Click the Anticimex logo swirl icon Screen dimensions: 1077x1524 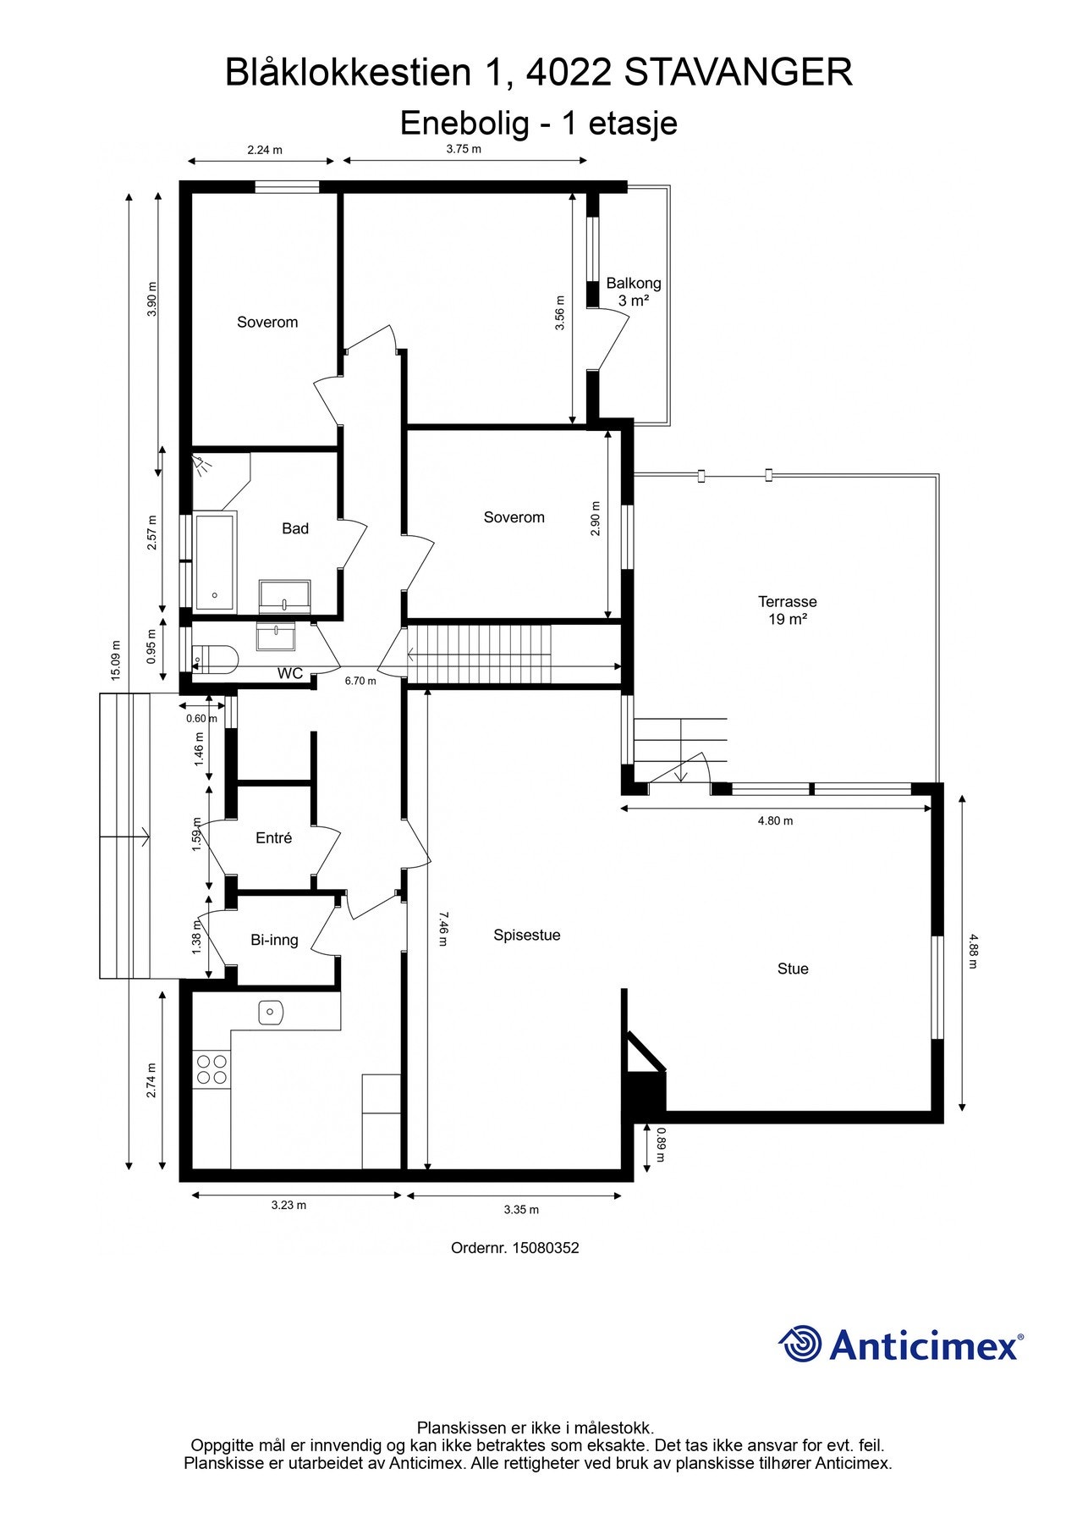coord(800,1344)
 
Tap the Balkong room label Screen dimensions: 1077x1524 coord(634,284)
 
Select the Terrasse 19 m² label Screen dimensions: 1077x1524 coord(787,610)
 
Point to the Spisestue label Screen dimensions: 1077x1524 coord(527,936)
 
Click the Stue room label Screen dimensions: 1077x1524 coord(793,969)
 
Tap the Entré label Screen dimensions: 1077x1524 coord(273,838)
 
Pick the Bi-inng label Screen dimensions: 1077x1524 coord(274,940)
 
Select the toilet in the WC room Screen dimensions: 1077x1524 coord(215,659)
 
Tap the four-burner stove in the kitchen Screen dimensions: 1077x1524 coord(212,1068)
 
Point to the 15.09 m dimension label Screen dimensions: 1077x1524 coord(115,661)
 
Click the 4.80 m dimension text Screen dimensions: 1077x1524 coord(775,820)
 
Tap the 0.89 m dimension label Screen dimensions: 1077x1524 coord(661,1144)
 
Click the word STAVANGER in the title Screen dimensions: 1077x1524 coord(739,73)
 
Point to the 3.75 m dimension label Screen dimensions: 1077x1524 coord(464,149)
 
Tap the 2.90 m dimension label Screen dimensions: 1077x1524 coord(596,526)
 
